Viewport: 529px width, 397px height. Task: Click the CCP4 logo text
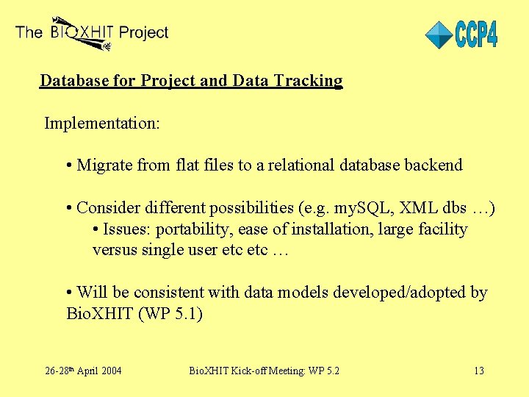pyautogui.click(x=476, y=35)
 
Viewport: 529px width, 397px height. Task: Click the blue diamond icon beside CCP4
pyautogui.click(x=439, y=35)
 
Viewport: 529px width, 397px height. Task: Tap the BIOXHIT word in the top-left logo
pyautogui.click(x=81, y=33)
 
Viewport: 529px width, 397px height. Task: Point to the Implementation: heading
pyautogui.click(x=102, y=123)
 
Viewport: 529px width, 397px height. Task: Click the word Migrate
pyautogui.click(x=104, y=165)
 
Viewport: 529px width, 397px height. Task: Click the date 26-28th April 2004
pyautogui.click(x=82, y=371)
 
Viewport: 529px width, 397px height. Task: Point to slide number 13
pyautogui.click(x=478, y=371)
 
